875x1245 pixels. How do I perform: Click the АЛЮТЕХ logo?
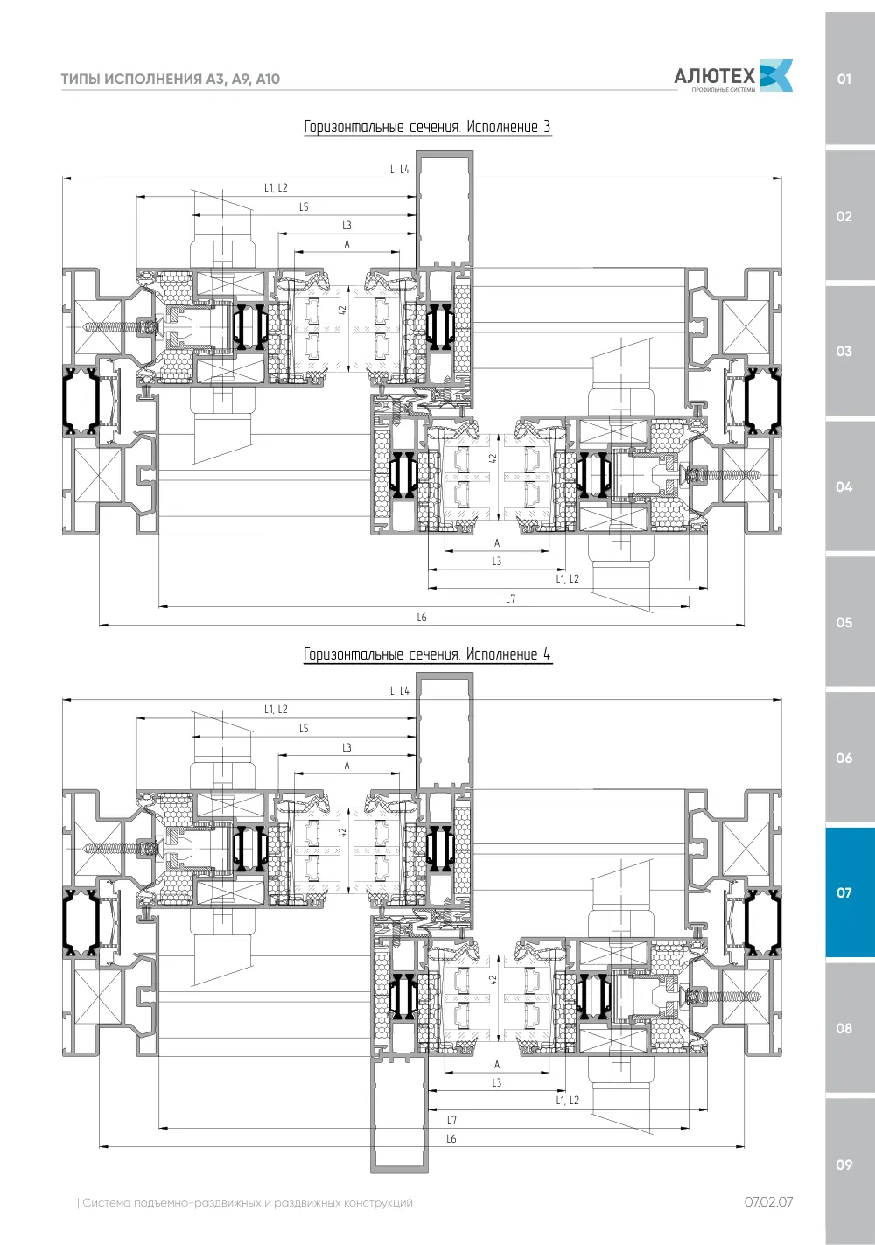[x=732, y=75]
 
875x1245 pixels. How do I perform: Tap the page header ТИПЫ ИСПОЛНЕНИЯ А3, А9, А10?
[x=170, y=79]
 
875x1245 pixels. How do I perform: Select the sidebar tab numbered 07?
[x=850, y=892]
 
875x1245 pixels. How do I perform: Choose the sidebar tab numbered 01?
[x=850, y=79]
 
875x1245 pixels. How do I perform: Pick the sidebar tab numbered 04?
[x=850, y=486]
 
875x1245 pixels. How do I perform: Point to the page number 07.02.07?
[x=769, y=1201]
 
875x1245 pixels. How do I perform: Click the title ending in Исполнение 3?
[x=428, y=127]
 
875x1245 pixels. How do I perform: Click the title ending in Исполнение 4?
[x=428, y=654]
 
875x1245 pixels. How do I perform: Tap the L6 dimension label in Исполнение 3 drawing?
[x=422, y=618]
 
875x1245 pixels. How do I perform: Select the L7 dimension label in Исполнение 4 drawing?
[x=451, y=1120]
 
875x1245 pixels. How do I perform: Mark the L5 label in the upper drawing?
[x=304, y=206]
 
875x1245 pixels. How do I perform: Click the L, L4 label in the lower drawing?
[x=400, y=691]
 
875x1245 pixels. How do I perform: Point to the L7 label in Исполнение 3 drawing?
[x=510, y=598]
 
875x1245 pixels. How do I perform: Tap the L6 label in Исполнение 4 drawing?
[x=451, y=1139]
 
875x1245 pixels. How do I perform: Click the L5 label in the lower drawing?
[x=304, y=728]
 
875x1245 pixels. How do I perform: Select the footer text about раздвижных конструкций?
[x=245, y=1203]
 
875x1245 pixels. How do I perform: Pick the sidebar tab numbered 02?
[x=850, y=215]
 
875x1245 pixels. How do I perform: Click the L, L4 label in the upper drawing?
[x=400, y=170]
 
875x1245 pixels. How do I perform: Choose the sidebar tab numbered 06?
[x=850, y=758]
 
